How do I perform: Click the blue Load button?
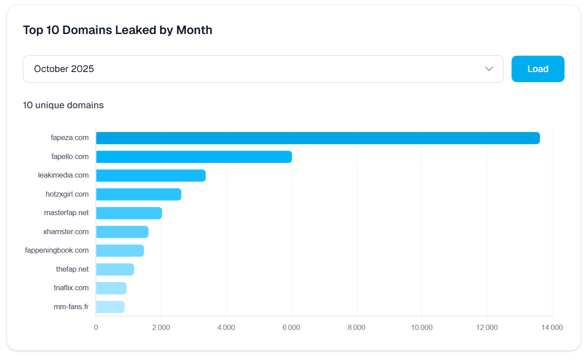pyautogui.click(x=538, y=69)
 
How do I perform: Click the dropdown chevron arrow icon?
pyautogui.click(x=489, y=69)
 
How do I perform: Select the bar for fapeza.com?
pyautogui.click(x=318, y=138)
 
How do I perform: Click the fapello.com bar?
pyautogui.click(x=193, y=157)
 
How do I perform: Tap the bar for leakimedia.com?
pyautogui.click(x=151, y=175)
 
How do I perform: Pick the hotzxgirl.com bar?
pyautogui.click(x=138, y=194)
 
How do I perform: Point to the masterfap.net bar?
pyautogui.click(x=129, y=213)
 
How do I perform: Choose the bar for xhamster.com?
pyautogui.click(x=122, y=232)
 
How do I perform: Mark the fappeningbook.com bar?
pyautogui.click(x=120, y=250)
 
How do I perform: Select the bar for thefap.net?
pyautogui.click(x=114, y=269)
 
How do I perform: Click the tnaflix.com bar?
pyautogui.click(x=111, y=288)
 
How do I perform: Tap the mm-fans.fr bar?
pyautogui.click(x=110, y=307)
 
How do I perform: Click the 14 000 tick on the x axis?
pyautogui.click(x=552, y=327)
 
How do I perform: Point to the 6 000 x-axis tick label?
pyautogui.click(x=291, y=327)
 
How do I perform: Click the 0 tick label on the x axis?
pyautogui.click(x=96, y=327)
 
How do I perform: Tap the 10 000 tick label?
pyautogui.click(x=421, y=327)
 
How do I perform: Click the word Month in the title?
pyautogui.click(x=194, y=30)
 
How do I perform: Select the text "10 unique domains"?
pyautogui.click(x=63, y=105)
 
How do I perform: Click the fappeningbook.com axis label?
pyautogui.click(x=57, y=250)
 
